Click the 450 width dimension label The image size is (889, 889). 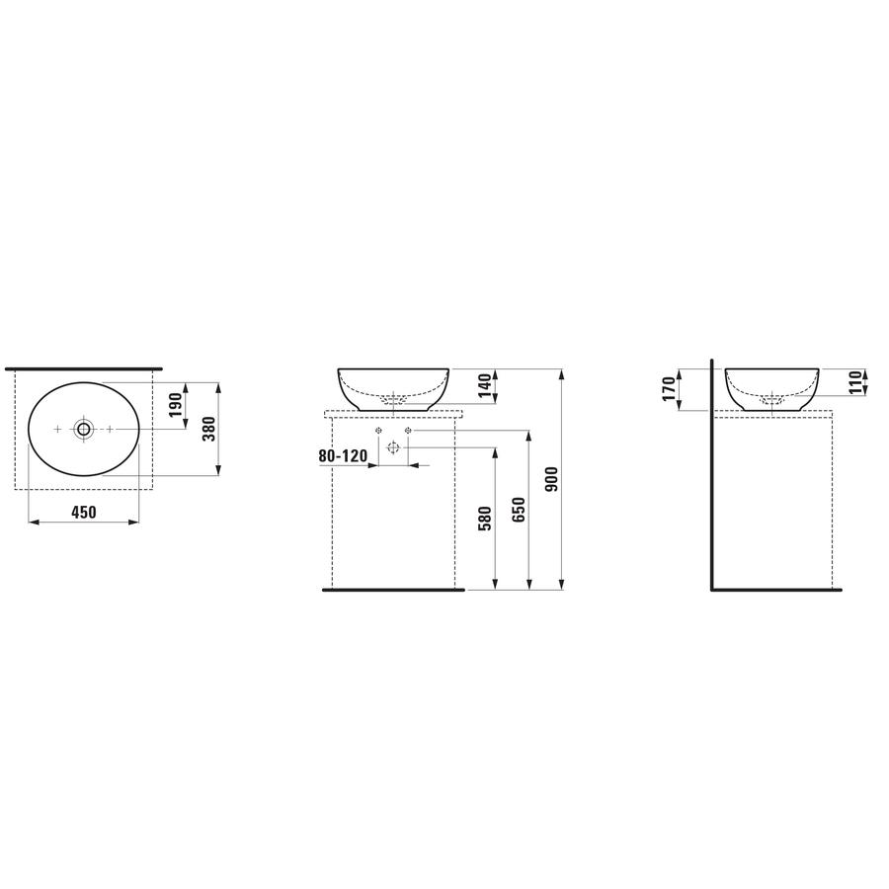pyautogui.click(x=84, y=512)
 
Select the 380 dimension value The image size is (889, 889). pyautogui.click(x=209, y=430)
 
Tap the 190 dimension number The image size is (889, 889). pyautogui.click(x=175, y=405)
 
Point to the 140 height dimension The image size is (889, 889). pyautogui.click(x=485, y=386)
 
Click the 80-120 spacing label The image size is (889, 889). pyautogui.click(x=343, y=455)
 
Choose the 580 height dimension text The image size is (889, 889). pyautogui.click(x=485, y=519)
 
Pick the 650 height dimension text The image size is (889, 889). pyautogui.click(x=519, y=510)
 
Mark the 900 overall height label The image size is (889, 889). pyautogui.click(x=551, y=479)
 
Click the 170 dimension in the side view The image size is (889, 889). pyautogui.click(x=669, y=389)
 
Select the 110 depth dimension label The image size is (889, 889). pyautogui.click(x=855, y=382)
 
